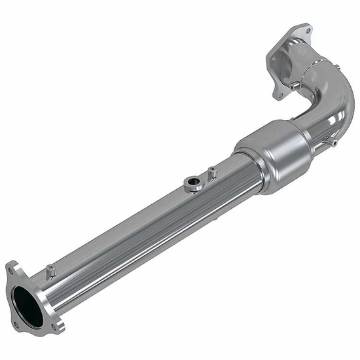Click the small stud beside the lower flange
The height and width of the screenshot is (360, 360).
click(50, 270)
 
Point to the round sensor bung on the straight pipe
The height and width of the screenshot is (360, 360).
click(192, 185)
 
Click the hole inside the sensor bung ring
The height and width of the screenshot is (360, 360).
click(192, 182)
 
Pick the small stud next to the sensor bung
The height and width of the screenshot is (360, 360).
click(211, 173)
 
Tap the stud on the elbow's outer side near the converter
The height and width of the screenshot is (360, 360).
click(333, 142)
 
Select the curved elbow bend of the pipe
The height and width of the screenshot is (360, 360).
click(334, 98)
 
